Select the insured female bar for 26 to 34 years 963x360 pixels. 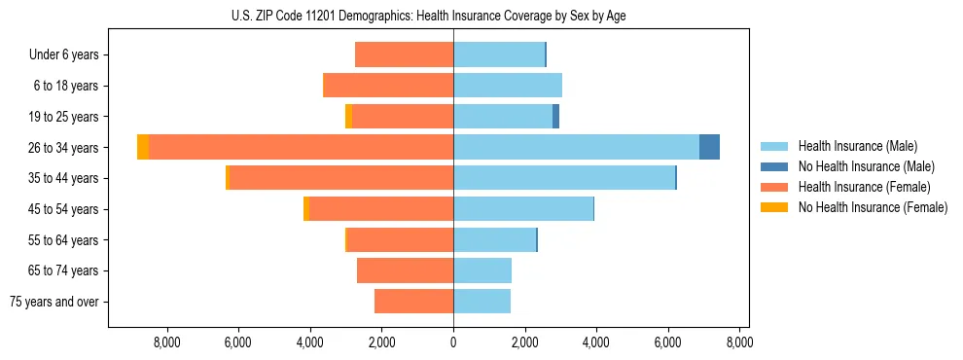point(302,147)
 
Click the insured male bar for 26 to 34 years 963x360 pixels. point(576,147)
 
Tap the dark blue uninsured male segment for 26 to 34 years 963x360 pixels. point(709,147)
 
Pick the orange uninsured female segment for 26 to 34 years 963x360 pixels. point(143,147)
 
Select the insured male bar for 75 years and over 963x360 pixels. point(481,302)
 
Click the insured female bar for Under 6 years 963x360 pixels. point(404,54)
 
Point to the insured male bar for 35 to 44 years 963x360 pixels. point(564,178)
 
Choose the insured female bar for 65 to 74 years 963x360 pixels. point(405,270)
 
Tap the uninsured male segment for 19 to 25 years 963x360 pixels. point(555,117)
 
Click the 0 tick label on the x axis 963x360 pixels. point(453,342)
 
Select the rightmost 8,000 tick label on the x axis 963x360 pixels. point(739,342)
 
